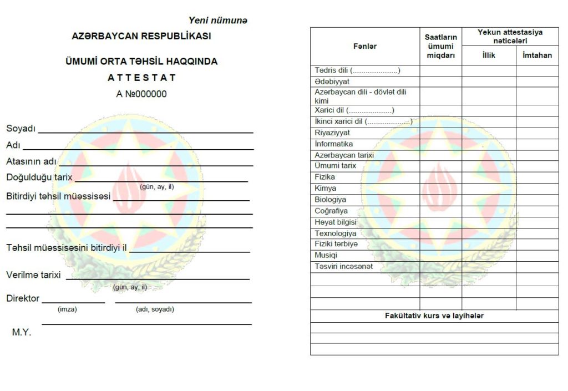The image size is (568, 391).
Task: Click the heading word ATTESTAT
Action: (x=141, y=78)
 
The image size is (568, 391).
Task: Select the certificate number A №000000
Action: (x=141, y=94)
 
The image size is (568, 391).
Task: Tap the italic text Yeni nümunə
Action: (x=218, y=21)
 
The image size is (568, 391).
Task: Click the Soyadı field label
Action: (x=21, y=129)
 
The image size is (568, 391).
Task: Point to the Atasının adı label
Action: (x=32, y=161)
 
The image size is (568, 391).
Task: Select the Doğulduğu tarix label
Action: (x=39, y=177)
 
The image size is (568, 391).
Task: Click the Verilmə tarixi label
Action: (x=33, y=275)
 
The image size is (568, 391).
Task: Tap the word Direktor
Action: (x=23, y=298)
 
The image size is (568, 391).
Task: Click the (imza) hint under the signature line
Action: (x=67, y=309)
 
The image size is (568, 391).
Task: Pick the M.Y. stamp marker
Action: (x=22, y=333)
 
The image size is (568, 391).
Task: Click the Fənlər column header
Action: (x=364, y=46)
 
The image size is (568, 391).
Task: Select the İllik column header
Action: (x=488, y=55)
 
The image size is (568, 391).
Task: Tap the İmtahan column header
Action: (x=537, y=55)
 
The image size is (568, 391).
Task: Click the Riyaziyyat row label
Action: (x=332, y=133)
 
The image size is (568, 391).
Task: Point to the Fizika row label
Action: (x=324, y=177)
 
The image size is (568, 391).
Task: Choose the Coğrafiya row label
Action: (x=331, y=211)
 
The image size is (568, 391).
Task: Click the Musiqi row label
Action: (x=326, y=256)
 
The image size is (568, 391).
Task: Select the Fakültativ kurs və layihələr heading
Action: (x=434, y=316)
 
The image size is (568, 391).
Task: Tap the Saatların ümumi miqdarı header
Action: (x=440, y=46)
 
